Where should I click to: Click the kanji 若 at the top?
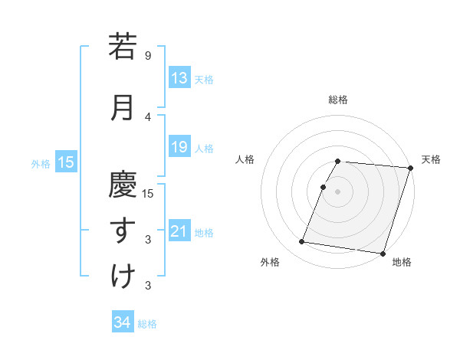coord(123,47)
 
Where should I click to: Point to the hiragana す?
coord(123,231)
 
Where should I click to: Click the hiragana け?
coord(123,277)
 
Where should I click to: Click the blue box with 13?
coord(179,78)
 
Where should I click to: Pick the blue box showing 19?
coord(179,147)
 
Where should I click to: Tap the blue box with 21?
coord(179,231)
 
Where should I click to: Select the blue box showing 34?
coord(122,322)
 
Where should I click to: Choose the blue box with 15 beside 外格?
coord(65,162)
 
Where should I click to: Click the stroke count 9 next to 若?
coord(148,56)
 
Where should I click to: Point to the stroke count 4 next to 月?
coord(148,116)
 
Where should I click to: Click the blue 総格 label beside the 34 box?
coord(147,324)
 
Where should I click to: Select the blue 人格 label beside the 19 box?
coord(204,148)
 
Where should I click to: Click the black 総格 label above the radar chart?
coord(338,100)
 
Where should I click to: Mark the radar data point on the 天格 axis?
coord(410,168)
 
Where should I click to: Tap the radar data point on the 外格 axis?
coord(302,242)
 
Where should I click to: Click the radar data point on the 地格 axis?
coord(382,253)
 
